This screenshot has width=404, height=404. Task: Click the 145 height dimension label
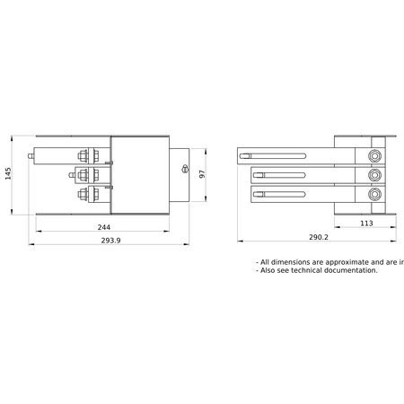click(x=8, y=174)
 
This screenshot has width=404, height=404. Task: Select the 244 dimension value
click(x=104, y=227)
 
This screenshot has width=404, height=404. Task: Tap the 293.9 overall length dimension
click(x=110, y=241)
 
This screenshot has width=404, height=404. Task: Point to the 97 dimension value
click(x=202, y=174)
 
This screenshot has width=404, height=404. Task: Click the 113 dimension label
click(x=366, y=224)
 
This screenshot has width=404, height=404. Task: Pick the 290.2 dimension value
click(x=319, y=237)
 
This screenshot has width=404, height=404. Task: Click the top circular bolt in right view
click(x=374, y=156)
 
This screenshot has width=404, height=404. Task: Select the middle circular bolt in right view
click(x=374, y=175)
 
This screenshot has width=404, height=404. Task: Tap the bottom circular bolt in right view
click(x=374, y=194)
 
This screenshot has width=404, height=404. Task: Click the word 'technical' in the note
click(x=306, y=270)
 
